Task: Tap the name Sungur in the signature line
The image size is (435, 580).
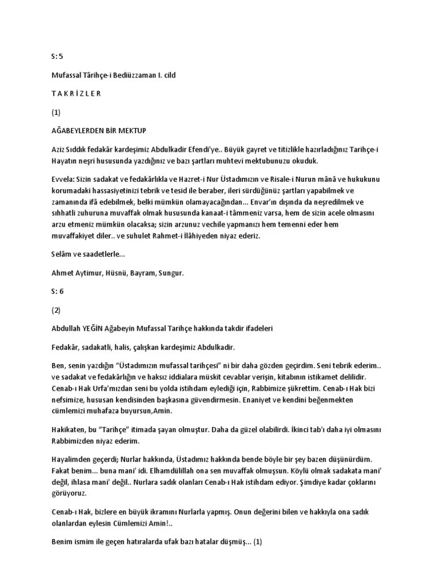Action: click(170, 272)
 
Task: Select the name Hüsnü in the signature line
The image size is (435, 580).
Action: click(113, 272)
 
